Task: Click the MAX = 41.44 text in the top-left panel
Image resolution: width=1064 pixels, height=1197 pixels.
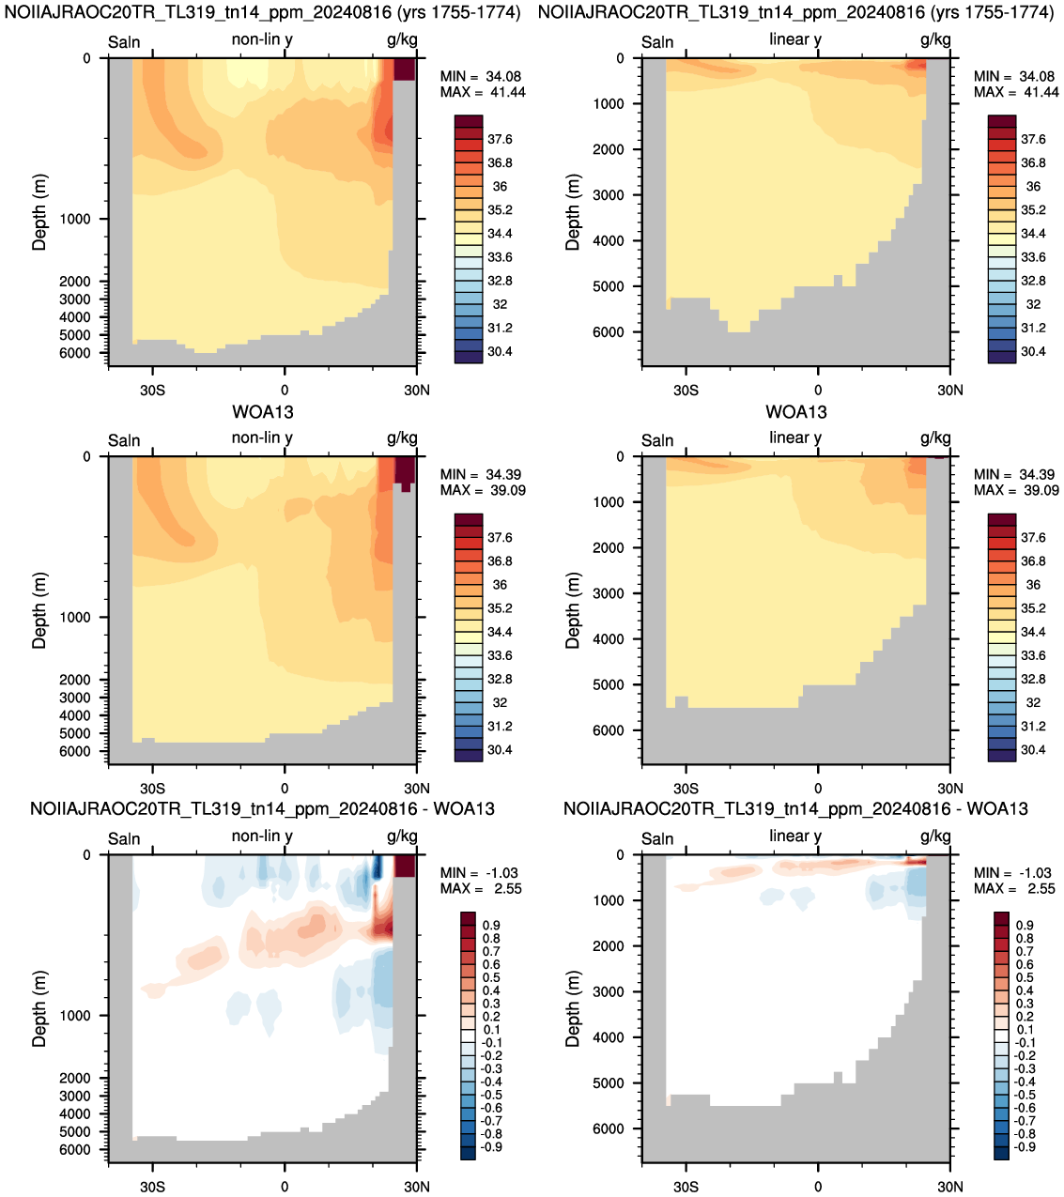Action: [483, 92]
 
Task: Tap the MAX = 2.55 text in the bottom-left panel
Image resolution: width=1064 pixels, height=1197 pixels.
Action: [481, 888]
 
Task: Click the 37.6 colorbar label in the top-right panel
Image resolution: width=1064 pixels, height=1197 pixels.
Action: [1033, 139]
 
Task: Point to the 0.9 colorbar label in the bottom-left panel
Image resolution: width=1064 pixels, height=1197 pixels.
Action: [492, 926]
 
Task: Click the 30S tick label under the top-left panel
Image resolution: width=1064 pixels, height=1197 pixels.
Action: [152, 390]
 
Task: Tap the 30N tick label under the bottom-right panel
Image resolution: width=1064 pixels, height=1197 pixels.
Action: [950, 1187]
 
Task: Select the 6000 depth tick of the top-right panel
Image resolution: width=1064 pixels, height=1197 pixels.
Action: [609, 332]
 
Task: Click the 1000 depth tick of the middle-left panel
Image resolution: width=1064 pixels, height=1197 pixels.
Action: [75, 618]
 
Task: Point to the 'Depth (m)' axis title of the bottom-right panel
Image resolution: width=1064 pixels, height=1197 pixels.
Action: [572, 1008]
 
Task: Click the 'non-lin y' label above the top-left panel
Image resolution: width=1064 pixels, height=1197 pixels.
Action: [262, 39]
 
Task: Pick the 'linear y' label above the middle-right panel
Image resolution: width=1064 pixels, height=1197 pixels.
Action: [795, 437]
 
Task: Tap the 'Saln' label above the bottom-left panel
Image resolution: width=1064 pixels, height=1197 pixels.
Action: [124, 838]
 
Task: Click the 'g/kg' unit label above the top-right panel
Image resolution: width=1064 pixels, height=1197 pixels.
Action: [935, 39]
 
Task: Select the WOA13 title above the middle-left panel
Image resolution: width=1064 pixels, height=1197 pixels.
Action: [262, 412]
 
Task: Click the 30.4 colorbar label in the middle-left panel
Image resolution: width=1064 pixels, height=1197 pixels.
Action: [500, 750]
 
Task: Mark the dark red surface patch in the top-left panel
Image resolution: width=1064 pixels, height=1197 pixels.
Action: [405, 69]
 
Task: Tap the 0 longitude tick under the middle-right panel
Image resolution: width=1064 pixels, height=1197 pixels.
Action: [818, 789]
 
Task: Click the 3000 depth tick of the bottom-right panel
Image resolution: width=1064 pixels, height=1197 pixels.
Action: [609, 992]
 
